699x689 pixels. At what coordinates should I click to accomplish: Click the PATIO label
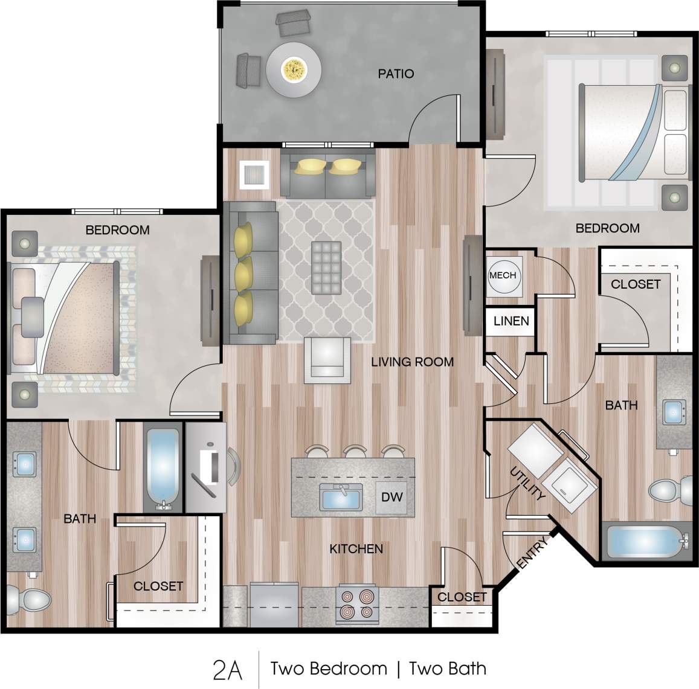click(396, 74)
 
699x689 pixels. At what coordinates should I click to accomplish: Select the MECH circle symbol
click(503, 275)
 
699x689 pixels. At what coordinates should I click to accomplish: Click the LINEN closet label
click(511, 321)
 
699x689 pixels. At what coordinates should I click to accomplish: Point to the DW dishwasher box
click(391, 498)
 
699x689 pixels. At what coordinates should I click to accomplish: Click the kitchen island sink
click(342, 498)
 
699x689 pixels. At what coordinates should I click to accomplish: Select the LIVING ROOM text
click(412, 362)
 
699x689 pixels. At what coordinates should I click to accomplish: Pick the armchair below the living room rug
click(327, 361)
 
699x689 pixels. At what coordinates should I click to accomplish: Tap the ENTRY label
click(533, 553)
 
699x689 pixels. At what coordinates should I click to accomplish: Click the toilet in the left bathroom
click(29, 601)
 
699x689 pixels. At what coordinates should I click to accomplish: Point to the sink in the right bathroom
click(674, 412)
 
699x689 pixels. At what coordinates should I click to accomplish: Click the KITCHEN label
click(356, 548)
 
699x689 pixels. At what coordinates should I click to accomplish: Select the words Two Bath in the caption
click(447, 669)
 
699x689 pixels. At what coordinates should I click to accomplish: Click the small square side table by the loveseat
click(254, 175)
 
